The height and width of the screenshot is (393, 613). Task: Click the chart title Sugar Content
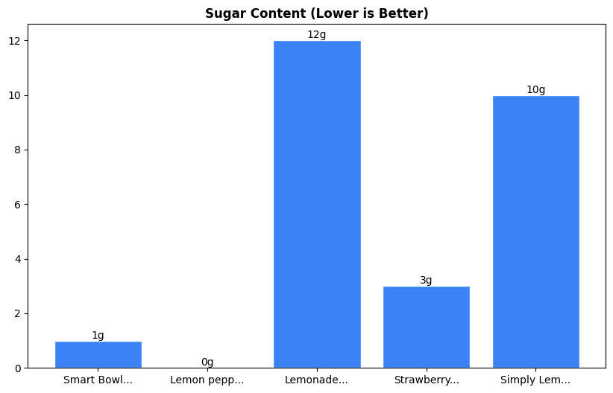(316, 13)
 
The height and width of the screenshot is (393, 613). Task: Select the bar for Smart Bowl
(98, 354)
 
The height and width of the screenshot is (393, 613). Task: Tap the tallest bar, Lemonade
(316, 204)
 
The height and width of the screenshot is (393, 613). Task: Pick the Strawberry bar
(426, 327)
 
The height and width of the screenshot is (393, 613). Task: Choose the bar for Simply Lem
(535, 231)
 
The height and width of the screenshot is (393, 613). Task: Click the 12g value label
(316, 35)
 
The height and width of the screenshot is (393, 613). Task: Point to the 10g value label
(535, 90)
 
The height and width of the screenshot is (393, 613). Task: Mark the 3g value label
(426, 281)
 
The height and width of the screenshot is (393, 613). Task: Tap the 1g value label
(98, 336)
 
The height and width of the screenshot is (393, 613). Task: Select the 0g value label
(207, 362)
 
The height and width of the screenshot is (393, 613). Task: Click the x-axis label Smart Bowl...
(98, 380)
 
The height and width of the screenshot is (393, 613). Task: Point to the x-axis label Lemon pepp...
(207, 380)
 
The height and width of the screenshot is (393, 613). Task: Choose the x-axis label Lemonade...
(316, 380)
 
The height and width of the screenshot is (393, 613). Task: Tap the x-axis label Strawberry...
(426, 380)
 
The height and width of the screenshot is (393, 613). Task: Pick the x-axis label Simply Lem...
(535, 380)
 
